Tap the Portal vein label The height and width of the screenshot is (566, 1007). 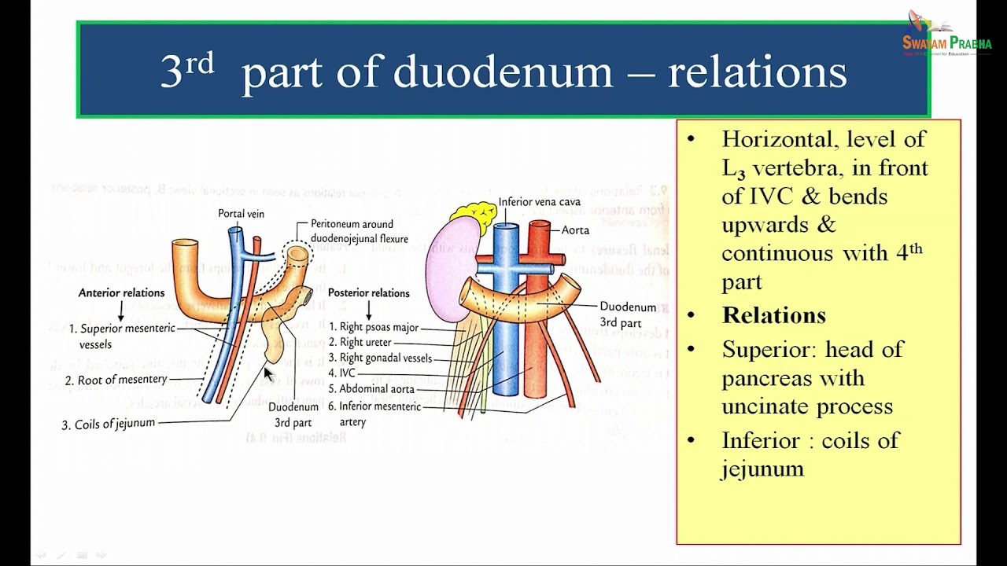point(241,214)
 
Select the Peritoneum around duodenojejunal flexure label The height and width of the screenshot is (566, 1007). point(359,231)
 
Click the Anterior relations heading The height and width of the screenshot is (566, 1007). point(121,293)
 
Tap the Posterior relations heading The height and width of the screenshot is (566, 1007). point(368,293)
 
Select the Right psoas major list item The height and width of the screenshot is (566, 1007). point(373,327)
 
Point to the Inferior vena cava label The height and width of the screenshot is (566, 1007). point(540,202)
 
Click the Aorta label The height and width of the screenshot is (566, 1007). point(575,230)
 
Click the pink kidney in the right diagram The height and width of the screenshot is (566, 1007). point(445,267)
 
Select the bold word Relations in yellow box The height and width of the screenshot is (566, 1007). point(773,315)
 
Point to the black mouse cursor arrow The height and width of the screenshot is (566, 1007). point(268,375)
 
